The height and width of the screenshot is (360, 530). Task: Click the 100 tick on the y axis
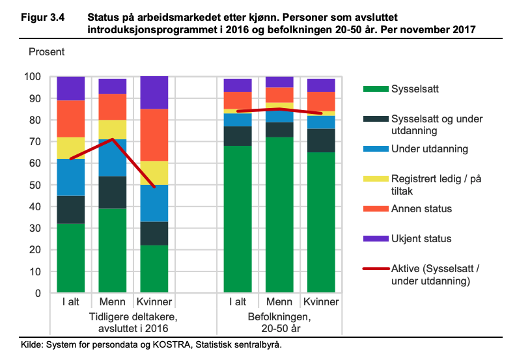coord(32,77)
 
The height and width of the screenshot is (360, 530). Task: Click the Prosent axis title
coord(47,51)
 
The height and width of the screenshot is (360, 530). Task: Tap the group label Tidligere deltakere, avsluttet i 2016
coord(113,322)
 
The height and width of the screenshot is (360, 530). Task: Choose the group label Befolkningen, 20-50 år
coord(279,322)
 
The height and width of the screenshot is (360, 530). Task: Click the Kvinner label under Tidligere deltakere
coord(154,303)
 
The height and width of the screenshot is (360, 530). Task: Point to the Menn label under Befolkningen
coord(279,303)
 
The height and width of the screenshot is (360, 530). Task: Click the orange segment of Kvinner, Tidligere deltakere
coord(154,135)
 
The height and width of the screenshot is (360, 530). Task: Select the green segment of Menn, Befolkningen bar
coord(279,215)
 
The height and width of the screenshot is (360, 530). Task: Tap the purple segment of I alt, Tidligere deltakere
coord(71,88)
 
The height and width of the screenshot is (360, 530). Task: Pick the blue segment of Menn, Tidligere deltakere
coord(113,158)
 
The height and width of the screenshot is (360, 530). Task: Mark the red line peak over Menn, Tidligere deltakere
coord(113,139)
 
